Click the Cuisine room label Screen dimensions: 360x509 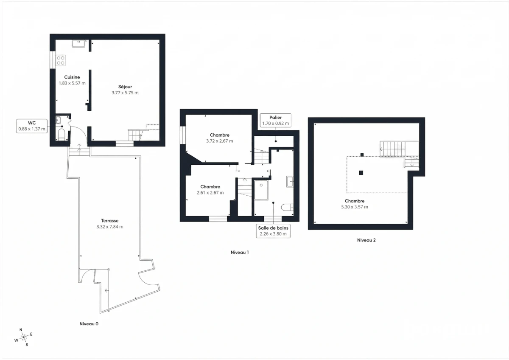point(72,77)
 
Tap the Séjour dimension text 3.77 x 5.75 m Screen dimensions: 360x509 point(125,93)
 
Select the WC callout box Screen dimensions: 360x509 point(31,126)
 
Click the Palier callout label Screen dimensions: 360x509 point(275,120)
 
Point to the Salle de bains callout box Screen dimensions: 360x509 point(274,231)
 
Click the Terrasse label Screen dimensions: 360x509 point(109,221)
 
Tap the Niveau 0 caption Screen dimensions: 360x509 point(89,324)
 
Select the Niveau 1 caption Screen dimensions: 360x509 point(239,252)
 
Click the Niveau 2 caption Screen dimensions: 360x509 point(366,240)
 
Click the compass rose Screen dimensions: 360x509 point(24,337)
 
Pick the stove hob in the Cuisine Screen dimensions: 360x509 point(61,60)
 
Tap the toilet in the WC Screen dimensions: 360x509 point(62,135)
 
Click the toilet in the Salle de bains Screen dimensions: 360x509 point(287,207)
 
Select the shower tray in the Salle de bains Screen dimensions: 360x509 point(261,190)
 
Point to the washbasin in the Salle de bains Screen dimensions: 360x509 point(290,181)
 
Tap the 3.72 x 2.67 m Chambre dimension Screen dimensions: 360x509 point(219,141)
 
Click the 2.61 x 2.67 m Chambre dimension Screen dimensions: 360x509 point(210,192)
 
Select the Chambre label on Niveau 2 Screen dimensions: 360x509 point(354,201)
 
